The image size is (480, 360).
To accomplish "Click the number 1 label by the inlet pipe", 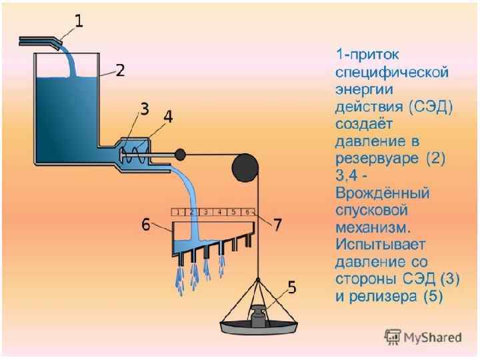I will pyautogui.click(x=79, y=22).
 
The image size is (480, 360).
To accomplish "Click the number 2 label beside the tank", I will pyautogui.click(x=120, y=71).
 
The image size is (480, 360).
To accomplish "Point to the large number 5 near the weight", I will pyautogui.click(x=291, y=288).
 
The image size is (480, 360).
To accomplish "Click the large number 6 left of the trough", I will pyautogui.click(x=145, y=225).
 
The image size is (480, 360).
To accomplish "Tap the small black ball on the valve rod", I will pyautogui.click(x=179, y=155).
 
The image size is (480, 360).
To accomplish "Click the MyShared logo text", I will pyautogui.click(x=431, y=337).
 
